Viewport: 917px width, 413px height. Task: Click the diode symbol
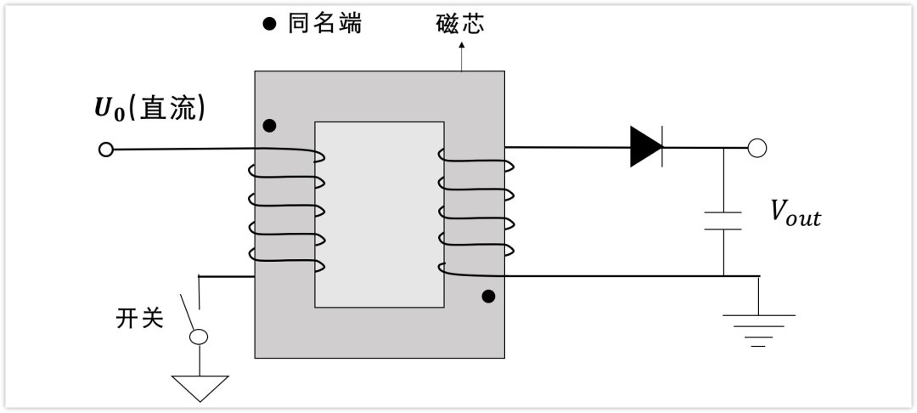pyautogui.click(x=646, y=147)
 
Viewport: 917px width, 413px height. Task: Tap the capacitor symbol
pyautogui.click(x=723, y=221)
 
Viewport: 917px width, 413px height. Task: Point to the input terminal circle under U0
pyautogui.click(x=106, y=150)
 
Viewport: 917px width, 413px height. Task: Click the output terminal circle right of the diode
pyautogui.click(x=757, y=148)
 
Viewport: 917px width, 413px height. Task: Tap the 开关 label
pyautogui.click(x=139, y=319)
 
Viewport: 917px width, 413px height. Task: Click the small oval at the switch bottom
pyautogui.click(x=199, y=337)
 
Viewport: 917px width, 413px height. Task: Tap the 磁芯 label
pyautogui.click(x=460, y=24)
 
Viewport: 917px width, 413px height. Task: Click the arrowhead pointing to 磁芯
pyautogui.click(x=461, y=44)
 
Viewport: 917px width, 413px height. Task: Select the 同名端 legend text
pyautogui.click(x=324, y=24)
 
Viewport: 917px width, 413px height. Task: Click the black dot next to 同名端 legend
pyautogui.click(x=269, y=24)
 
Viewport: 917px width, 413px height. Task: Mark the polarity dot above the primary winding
pyautogui.click(x=269, y=126)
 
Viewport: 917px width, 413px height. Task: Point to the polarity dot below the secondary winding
pyautogui.click(x=488, y=297)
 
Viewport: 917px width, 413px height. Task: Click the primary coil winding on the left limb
pyautogui.click(x=287, y=211)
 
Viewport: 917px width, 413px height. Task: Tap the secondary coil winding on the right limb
pyautogui.click(x=476, y=212)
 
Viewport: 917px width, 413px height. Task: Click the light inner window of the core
pyautogui.click(x=380, y=214)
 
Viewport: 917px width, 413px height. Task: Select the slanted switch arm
pyautogui.click(x=187, y=313)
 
